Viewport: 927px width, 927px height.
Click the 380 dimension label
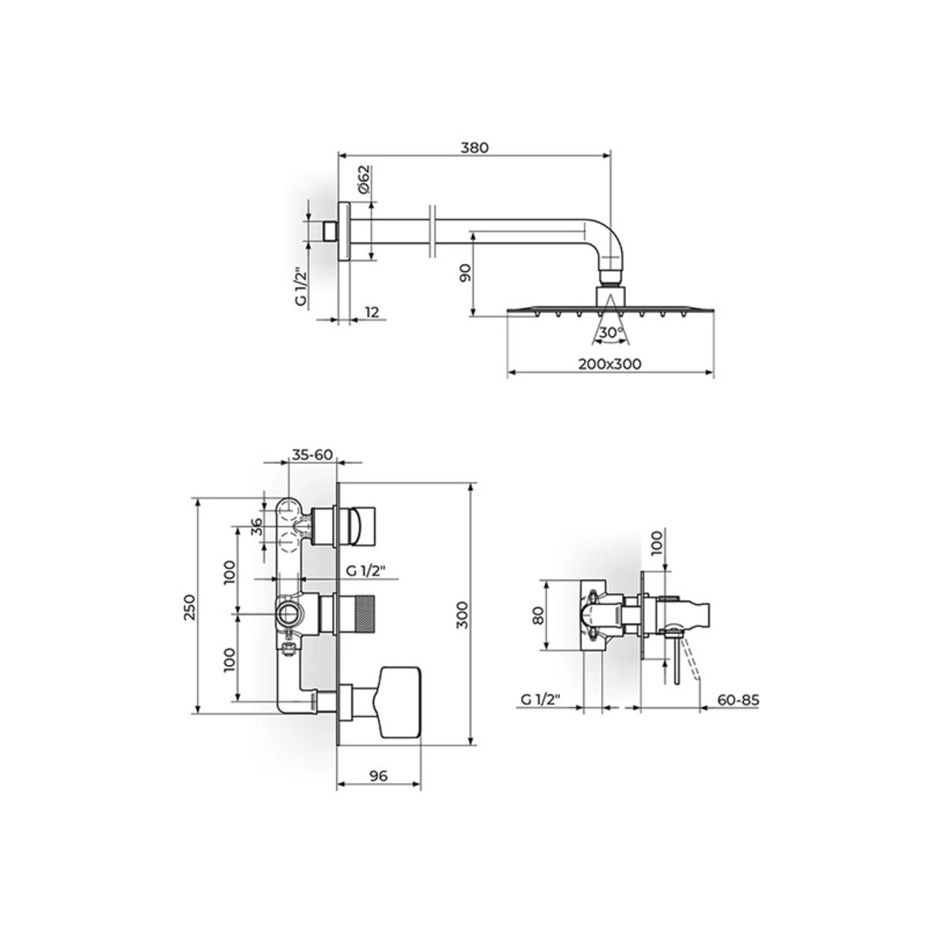point(474,148)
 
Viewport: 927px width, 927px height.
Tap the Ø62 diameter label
point(364,179)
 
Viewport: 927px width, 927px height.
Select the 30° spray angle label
point(611,332)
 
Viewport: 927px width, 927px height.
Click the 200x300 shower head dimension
point(610,364)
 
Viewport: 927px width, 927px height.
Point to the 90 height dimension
point(466,273)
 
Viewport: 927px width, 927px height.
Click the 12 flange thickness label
point(372,312)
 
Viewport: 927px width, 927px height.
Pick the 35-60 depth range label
point(312,454)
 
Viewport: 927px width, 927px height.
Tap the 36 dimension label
point(257,526)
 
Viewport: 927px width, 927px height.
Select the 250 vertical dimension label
point(190,607)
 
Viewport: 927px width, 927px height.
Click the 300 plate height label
point(462,615)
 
